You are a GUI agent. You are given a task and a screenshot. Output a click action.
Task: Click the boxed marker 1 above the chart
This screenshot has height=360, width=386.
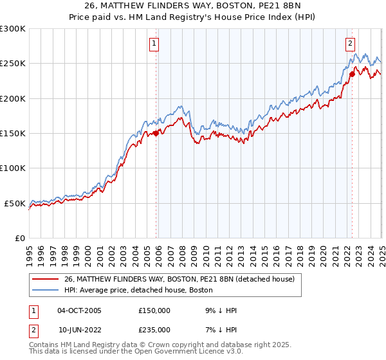pos(155,44)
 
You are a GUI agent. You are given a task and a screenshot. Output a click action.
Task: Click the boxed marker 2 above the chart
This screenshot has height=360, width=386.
pos(350,44)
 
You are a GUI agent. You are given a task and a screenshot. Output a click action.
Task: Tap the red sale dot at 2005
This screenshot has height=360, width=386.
pos(156,134)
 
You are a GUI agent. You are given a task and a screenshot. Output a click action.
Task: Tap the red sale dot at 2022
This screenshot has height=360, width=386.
pos(352,74)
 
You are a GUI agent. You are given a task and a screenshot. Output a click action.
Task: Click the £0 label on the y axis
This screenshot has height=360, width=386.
pos(20,238)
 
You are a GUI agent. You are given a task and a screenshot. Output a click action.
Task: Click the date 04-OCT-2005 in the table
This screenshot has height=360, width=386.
pos(79,310)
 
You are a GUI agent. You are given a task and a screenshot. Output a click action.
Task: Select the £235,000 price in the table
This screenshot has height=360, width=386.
pos(154,329)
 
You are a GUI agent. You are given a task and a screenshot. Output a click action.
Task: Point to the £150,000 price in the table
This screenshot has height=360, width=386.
pos(154,310)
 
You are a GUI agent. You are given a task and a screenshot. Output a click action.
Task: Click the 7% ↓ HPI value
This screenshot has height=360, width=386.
pos(221,329)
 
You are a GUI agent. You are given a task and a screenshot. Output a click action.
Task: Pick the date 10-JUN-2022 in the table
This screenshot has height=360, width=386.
pos(79,329)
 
